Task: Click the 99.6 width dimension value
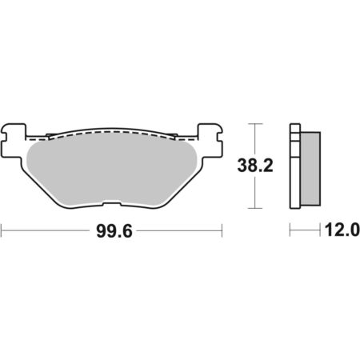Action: [114, 231]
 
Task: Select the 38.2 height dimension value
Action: [255, 166]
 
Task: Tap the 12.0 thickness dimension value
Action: [342, 230]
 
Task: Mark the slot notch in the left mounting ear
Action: [3, 137]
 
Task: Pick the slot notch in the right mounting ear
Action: [220, 137]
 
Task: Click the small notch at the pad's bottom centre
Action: [112, 204]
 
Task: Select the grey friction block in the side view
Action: [310, 169]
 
